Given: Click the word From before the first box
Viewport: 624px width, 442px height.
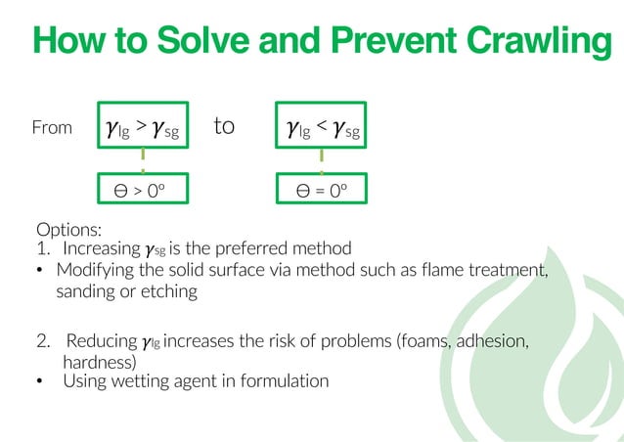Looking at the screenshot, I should (52, 128).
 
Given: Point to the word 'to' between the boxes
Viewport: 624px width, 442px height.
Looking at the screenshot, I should (224, 127).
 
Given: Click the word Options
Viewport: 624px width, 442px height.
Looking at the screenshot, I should (68, 231).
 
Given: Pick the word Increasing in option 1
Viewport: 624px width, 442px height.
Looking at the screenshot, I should (101, 249).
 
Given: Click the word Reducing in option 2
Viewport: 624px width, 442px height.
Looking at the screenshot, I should (102, 341).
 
